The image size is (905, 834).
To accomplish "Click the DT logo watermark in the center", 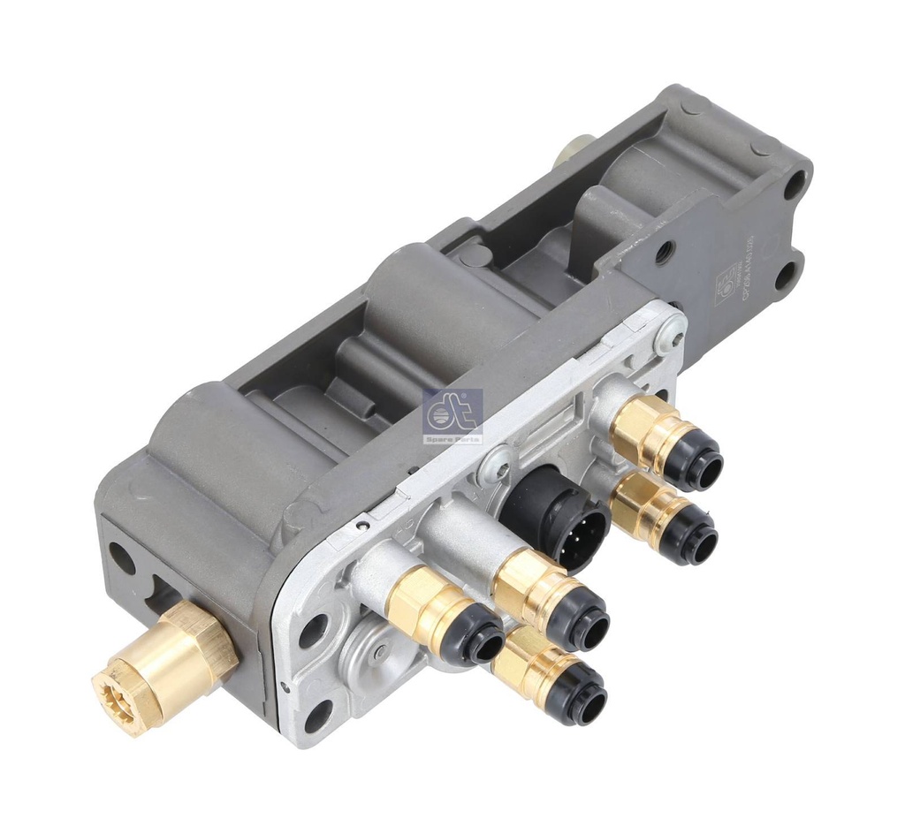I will coord(452,409).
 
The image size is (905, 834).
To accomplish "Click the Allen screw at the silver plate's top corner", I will coord(669,335).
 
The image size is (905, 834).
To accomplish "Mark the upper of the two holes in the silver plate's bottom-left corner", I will coord(313,629).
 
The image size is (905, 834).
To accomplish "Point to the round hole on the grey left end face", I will coord(121,558).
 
